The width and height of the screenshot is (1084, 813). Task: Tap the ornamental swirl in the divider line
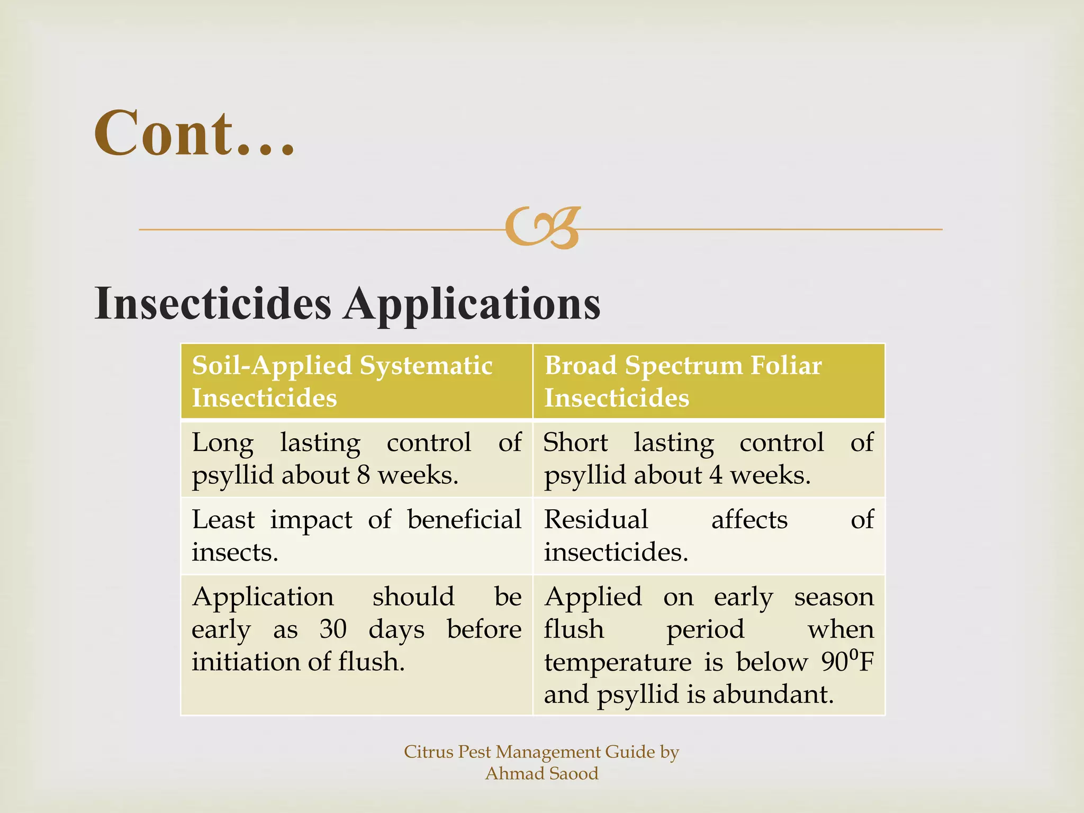[x=543, y=228]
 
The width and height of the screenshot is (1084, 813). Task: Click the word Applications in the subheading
[x=472, y=304]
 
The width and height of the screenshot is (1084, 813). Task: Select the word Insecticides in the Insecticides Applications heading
[x=213, y=304]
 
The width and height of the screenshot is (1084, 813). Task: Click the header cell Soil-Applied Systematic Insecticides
[x=356, y=381]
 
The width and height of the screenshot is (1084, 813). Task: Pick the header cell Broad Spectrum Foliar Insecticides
[x=708, y=381]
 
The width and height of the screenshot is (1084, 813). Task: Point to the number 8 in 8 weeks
[x=363, y=475]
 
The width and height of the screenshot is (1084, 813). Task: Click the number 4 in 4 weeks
[x=716, y=475]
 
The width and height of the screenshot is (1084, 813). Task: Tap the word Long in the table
[x=222, y=442]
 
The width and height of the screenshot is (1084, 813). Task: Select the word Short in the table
[x=575, y=442]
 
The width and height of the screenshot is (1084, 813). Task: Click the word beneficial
[x=464, y=519]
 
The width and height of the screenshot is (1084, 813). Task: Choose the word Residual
[x=596, y=519]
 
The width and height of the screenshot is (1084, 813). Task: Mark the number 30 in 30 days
[x=333, y=629]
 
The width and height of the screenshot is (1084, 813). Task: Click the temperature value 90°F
[x=847, y=661]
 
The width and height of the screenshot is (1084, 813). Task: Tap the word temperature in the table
[x=618, y=662]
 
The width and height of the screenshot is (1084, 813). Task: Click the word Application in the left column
[x=263, y=597]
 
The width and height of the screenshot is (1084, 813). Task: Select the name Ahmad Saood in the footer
[x=541, y=773]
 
